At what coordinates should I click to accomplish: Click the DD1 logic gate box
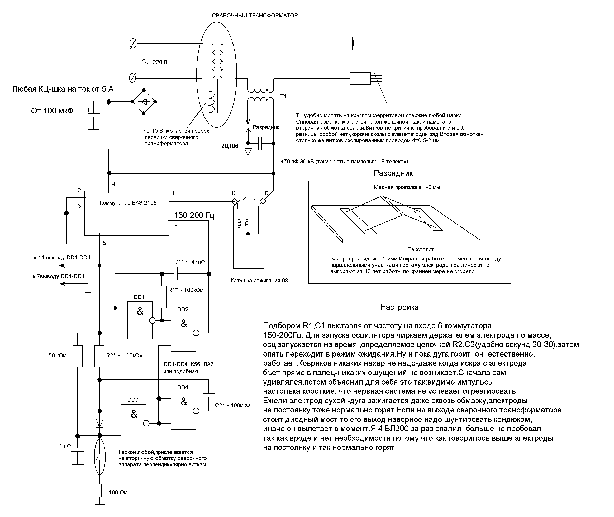click(140, 320)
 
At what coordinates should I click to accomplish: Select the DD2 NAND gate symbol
click(183, 333)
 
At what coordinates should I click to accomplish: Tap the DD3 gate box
click(134, 423)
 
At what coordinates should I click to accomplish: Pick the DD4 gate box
click(183, 411)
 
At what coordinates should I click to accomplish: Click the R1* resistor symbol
click(162, 297)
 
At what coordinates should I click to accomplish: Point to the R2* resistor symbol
click(99, 356)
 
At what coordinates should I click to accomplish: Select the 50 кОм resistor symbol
click(78, 356)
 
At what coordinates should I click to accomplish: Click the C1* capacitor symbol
click(176, 274)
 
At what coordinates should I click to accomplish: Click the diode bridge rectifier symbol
click(144, 101)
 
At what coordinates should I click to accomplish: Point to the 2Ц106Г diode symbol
click(248, 151)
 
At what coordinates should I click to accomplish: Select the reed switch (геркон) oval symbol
click(100, 457)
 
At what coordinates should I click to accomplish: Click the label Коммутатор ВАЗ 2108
click(128, 202)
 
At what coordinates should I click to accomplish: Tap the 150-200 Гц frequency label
click(194, 215)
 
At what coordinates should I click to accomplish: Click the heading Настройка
click(399, 307)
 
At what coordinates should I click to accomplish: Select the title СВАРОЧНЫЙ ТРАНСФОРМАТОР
click(255, 16)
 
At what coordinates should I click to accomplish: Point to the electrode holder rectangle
click(360, 78)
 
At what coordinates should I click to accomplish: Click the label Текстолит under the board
click(421, 249)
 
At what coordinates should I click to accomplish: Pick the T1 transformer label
click(283, 96)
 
